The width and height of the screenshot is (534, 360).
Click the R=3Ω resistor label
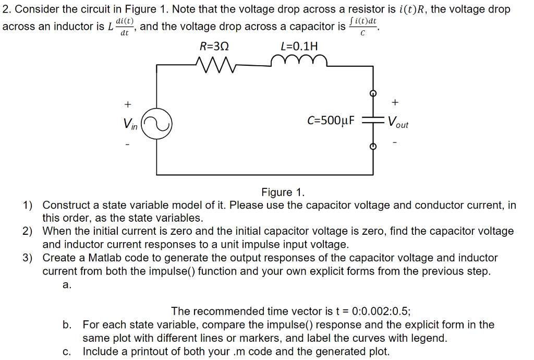(214, 46)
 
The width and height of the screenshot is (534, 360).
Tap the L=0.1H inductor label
(299, 46)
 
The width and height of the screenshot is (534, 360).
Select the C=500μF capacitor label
(331, 122)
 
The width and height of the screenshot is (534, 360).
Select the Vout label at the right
(399, 124)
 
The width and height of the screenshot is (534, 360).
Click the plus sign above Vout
(395, 102)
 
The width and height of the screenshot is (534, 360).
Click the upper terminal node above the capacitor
(373, 94)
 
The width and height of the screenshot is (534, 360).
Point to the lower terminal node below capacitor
(373, 147)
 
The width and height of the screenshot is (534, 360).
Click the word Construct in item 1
(67, 205)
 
